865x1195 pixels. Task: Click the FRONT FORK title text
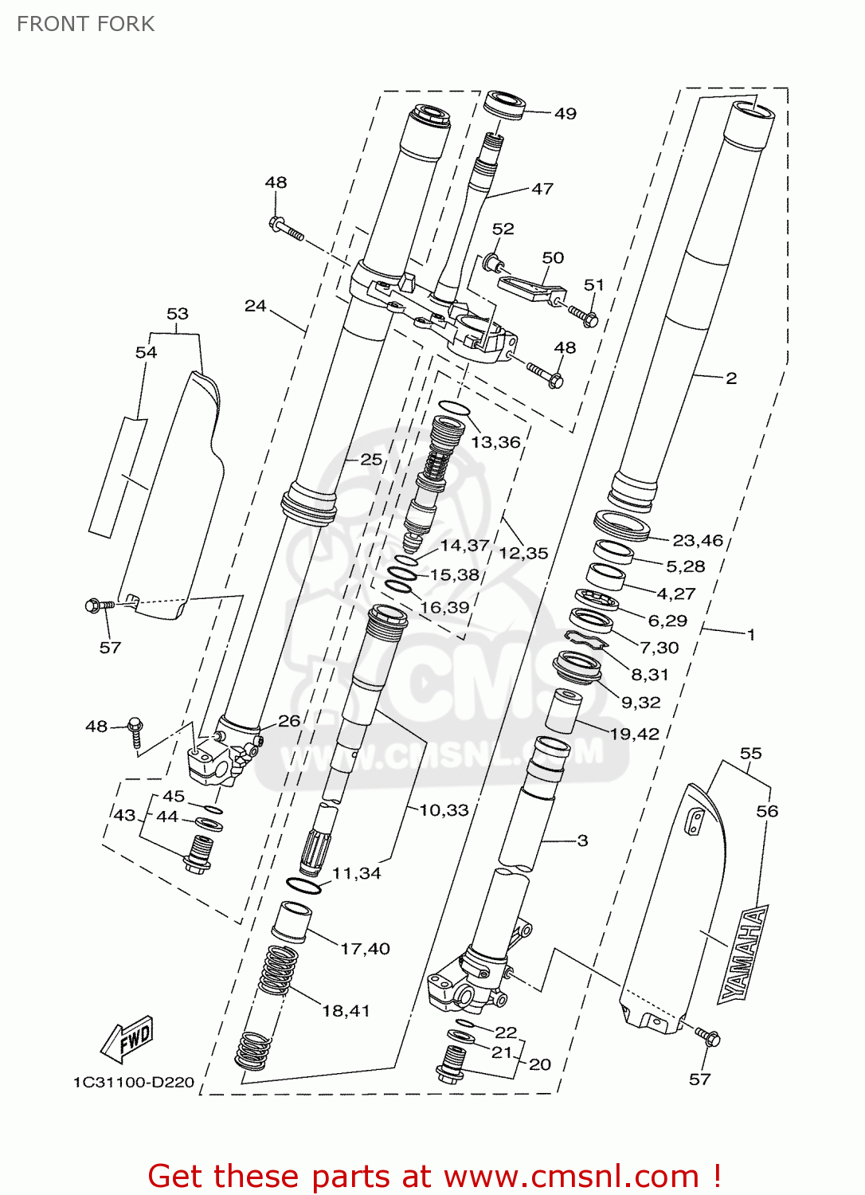coord(86,24)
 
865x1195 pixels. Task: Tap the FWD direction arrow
coord(127,1040)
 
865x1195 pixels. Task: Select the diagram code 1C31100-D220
coord(134,1082)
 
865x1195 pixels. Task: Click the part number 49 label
coord(565,114)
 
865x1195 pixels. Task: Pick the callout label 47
coord(542,189)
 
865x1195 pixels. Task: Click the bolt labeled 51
coord(582,314)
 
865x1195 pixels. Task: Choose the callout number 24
coord(255,306)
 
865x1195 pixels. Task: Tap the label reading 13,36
coord(495,442)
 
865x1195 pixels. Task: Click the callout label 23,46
coord(698,541)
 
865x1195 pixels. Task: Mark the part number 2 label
coord(731,378)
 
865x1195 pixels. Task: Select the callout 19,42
coord(635,734)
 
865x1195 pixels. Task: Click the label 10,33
coord(444,810)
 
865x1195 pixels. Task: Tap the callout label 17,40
coord(365,949)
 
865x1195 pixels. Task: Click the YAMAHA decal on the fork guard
coord(743,953)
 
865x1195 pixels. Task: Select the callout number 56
coord(767,811)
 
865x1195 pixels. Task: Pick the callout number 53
coord(178,314)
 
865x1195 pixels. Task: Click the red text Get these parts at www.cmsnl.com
coord(434,1176)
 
